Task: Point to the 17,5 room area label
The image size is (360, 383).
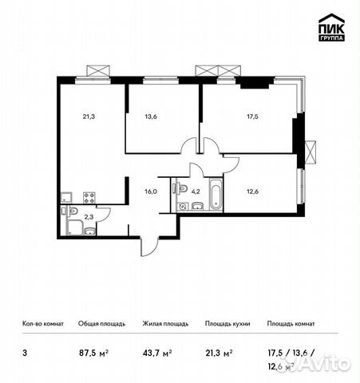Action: (252, 113)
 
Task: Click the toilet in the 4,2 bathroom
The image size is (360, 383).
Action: (183, 204)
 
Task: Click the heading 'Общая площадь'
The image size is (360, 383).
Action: (100, 324)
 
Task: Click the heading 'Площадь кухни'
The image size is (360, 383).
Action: (227, 324)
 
